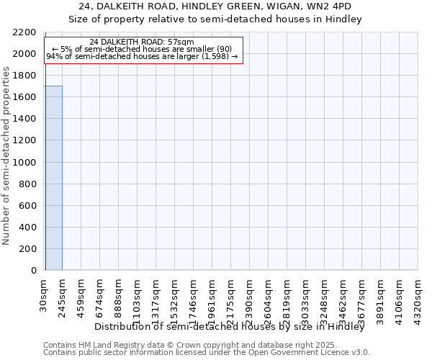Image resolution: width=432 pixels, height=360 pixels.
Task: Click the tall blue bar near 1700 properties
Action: (53, 178)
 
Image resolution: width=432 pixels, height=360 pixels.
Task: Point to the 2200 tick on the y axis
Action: (25, 32)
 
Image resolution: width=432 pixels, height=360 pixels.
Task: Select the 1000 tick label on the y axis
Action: (25, 163)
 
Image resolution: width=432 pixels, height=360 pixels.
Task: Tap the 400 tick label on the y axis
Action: (28, 228)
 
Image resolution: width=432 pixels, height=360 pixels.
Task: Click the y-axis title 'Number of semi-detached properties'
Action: (6, 156)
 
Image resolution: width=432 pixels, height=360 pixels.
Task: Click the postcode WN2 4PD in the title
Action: (331, 6)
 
